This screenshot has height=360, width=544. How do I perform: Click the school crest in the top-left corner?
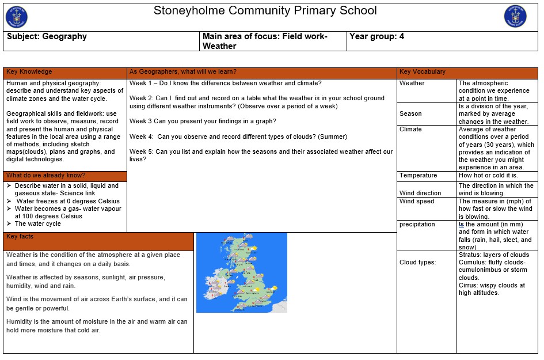(17, 16)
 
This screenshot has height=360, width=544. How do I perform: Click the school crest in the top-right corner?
(515, 16)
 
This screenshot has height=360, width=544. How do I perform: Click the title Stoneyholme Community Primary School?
(265, 11)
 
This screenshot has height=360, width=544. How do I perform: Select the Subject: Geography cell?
(47, 36)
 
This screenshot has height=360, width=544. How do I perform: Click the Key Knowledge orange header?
(29, 72)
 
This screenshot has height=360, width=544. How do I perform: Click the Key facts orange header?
(20, 237)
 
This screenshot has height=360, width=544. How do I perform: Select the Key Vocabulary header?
(423, 72)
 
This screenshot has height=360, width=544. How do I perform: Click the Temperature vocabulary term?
(418, 176)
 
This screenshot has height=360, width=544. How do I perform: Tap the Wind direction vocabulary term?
(420, 193)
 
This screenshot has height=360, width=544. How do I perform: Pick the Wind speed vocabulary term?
(417, 202)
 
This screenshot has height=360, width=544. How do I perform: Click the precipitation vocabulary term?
(417, 225)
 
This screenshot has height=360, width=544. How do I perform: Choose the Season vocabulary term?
(410, 114)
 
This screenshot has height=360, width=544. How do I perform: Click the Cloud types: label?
(418, 263)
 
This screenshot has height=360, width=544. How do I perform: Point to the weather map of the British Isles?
(241, 272)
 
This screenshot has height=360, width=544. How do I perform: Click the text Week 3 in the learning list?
(142, 121)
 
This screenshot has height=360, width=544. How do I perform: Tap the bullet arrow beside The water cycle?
(9, 224)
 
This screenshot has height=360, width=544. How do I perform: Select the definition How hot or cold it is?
(488, 176)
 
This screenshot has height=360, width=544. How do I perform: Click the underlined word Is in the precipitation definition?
(461, 225)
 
